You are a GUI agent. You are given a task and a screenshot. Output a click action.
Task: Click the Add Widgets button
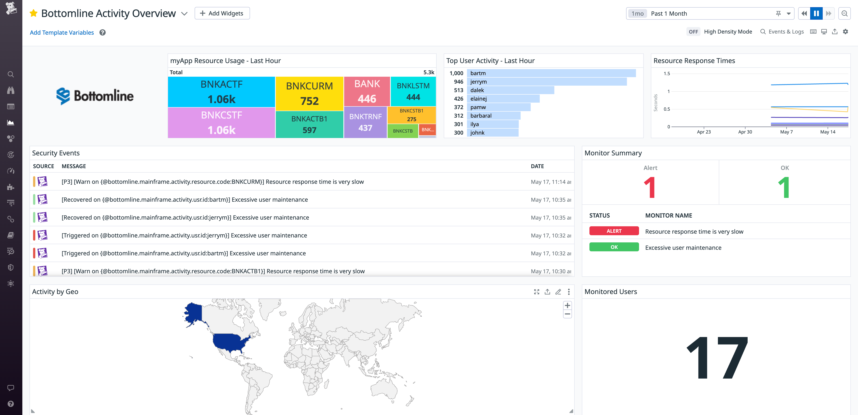point(222,13)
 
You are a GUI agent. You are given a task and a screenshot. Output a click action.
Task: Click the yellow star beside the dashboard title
point(33,13)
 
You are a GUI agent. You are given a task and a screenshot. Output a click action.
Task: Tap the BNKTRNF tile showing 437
point(365,122)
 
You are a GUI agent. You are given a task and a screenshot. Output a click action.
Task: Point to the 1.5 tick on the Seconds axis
point(667,74)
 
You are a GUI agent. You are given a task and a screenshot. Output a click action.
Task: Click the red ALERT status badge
point(614,231)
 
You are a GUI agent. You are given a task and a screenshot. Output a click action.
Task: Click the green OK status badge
point(614,247)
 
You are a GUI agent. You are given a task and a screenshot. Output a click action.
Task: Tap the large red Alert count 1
point(650,188)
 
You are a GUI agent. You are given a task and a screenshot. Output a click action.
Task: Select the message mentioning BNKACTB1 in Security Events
point(213,271)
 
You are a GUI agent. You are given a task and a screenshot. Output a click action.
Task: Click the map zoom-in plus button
point(567,305)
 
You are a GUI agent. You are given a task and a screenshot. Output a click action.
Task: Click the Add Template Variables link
point(62,32)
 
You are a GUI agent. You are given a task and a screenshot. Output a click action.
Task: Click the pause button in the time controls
point(816,13)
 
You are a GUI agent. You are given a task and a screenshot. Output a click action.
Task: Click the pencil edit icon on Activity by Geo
point(558,292)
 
